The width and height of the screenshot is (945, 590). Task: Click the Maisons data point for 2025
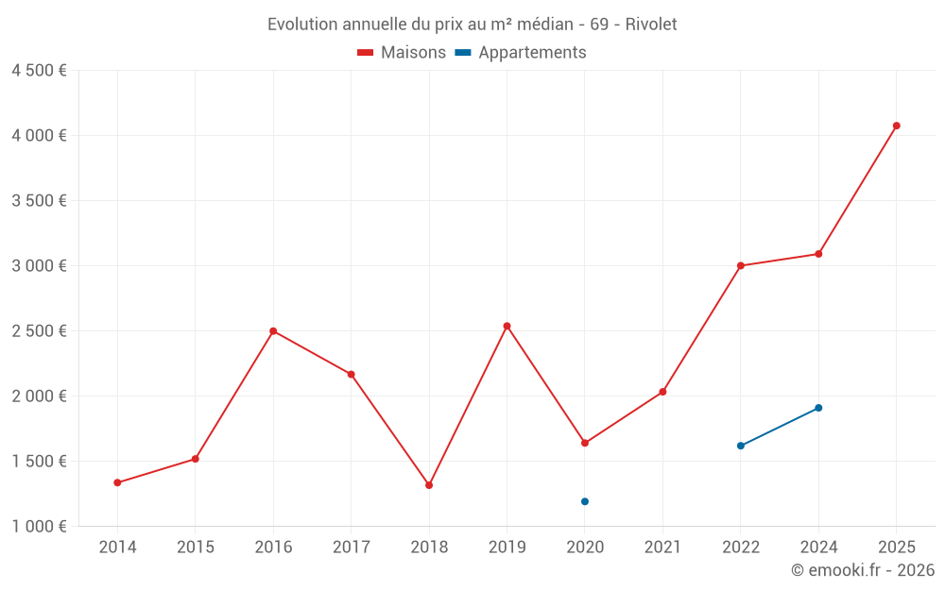(x=896, y=126)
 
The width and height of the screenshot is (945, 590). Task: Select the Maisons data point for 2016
(x=273, y=331)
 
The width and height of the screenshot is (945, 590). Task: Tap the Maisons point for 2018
(x=429, y=485)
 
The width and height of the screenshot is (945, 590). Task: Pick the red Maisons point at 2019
(x=507, y=327)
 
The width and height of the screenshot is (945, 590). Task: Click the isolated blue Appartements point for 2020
(x=585, y=501)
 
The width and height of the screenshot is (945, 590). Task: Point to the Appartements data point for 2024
(x=818, y=408)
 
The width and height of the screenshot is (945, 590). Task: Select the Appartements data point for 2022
(x=741, y=446)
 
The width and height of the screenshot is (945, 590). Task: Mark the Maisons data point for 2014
(x=117, y=482)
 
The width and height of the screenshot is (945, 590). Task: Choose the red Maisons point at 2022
(x=741, y=265)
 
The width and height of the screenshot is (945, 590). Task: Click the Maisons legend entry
(x=402, y=53)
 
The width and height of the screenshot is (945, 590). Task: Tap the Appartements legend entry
(x=521, y=53)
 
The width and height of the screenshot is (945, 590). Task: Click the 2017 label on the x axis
(x=351, y=548)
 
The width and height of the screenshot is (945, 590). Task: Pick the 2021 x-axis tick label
(x=662, y=548)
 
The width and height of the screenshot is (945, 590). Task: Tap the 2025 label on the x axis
(x=896, y=548)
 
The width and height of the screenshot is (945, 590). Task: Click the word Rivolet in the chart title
(x=651, y=25)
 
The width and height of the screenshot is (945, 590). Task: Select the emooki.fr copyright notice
(x=862, y=570)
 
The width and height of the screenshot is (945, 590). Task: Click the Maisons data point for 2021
(x=662, y=392)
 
